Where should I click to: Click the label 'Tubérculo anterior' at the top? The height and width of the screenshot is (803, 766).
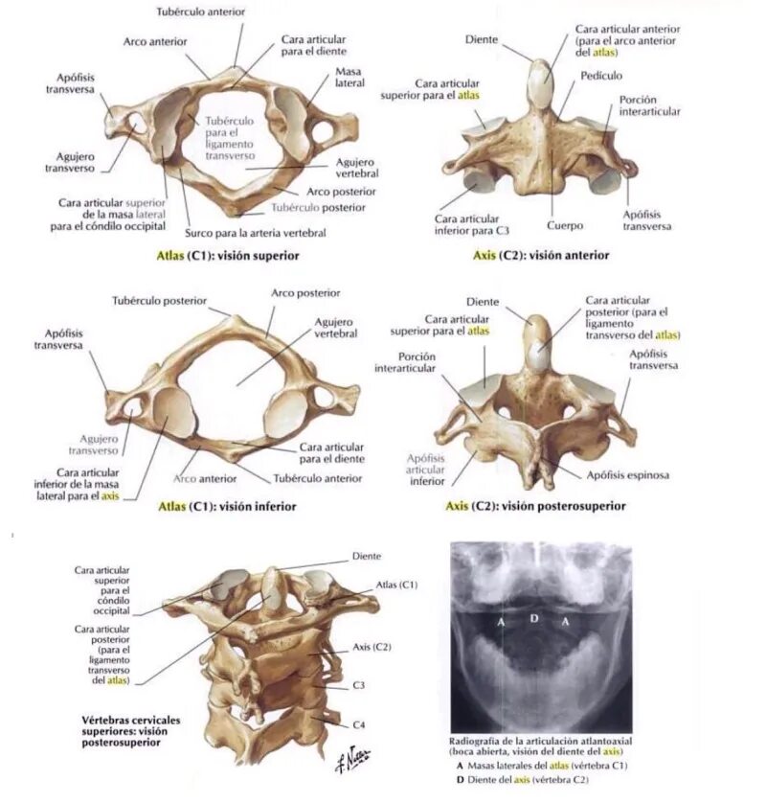point(201,11)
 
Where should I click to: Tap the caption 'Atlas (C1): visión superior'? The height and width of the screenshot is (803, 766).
point(228,256)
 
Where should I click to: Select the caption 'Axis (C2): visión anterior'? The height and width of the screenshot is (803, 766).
point(541,256)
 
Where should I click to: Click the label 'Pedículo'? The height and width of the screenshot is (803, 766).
point(600,75)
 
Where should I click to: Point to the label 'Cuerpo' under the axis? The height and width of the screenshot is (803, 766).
point(565,226)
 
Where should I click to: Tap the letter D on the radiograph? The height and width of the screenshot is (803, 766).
point(534,618)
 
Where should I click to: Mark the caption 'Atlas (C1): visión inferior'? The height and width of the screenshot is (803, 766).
point(227,507)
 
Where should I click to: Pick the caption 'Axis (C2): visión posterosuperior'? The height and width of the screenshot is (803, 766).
point(536,506)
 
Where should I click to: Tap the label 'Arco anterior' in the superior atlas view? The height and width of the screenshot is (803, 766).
point(155,42)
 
